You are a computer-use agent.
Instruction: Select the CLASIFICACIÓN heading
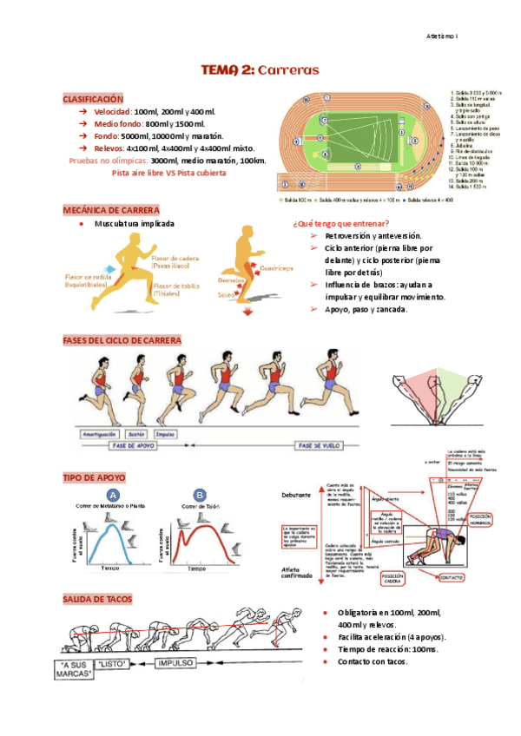coord(93,100)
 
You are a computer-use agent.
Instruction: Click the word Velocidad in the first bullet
coord(113,113)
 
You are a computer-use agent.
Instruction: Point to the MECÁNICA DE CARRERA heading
coord(110,211)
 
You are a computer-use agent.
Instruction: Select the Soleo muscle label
coord(226,295)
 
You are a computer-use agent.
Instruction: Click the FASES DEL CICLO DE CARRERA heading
coord(122,339)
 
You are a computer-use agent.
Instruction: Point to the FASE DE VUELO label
coord(318,445)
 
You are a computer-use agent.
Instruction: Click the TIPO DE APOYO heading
coord(93,477)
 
